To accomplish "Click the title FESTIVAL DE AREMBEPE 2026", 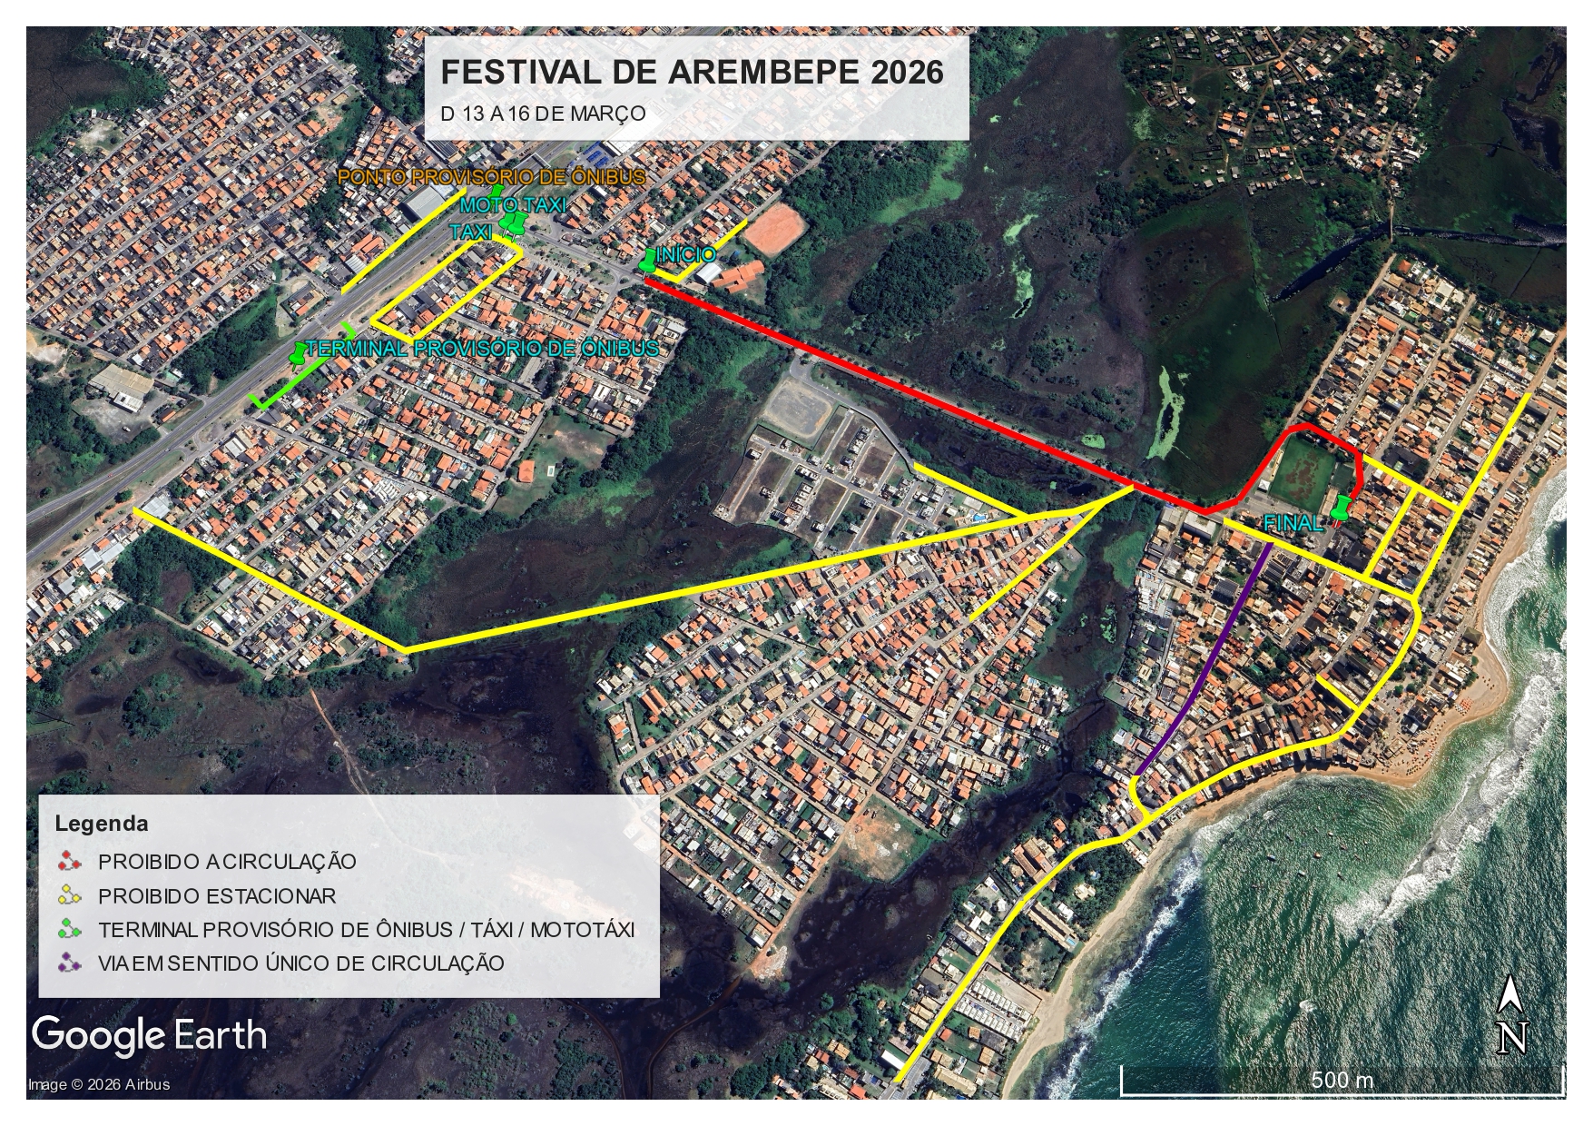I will tap(692, 73).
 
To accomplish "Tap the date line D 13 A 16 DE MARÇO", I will tap(543, 114).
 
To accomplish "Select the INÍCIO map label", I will tap(687, 255).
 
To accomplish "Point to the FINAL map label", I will tap(1293, 524).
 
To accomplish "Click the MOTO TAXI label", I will tap(514, 206).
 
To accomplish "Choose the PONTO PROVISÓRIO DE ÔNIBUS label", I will tap(492, 177).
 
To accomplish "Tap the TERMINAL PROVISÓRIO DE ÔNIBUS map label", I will tap(482, 349).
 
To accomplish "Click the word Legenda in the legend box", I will tap(102, 825).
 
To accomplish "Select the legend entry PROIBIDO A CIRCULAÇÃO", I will tap(227, 861).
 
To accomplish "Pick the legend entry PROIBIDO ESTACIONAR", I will tap(217, 895).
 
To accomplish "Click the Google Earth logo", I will tap(150, 1035).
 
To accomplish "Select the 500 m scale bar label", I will tap(1342, 1081).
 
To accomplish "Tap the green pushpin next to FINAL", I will tap(1340, 508).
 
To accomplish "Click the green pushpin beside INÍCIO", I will tap(648, 261).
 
